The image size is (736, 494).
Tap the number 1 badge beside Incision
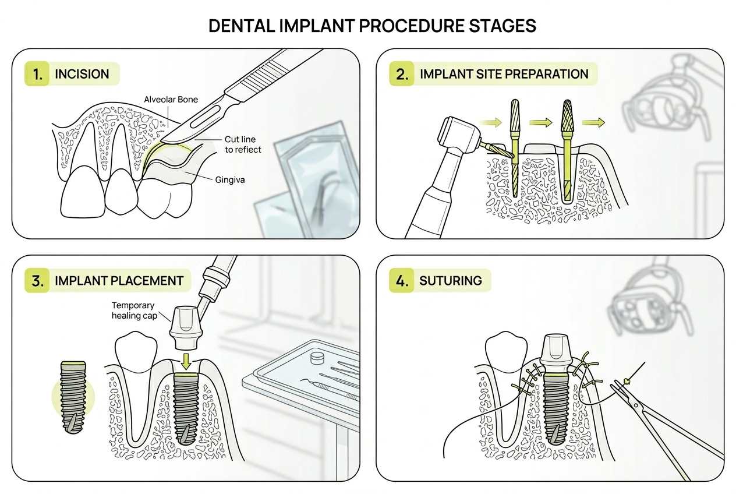tap(38, 74)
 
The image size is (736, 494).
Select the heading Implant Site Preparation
tap(504, 74)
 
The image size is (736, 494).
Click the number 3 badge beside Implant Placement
tap(38, 280)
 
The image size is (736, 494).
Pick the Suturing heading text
tap(450, 280)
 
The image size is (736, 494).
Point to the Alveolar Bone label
tap(171, 100)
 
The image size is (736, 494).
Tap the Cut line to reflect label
tap(243, 144)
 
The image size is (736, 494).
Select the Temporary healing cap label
tap(133, 310)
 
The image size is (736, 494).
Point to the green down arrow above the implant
tap(186, 362)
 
